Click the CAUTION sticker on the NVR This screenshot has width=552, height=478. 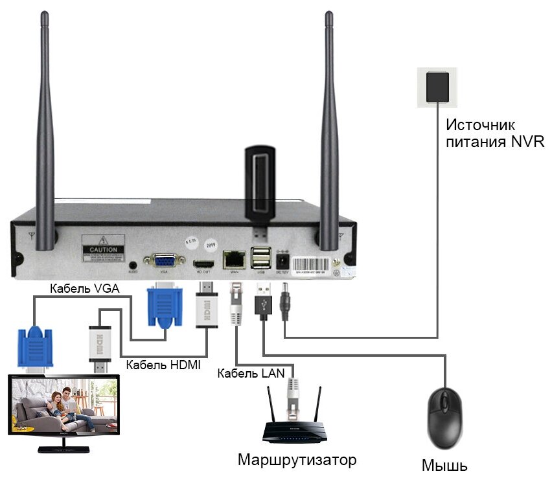click(x=103, y=250)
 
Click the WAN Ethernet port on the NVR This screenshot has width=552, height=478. click(x=233, y=259)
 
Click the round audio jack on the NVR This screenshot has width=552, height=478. click(x=133, y=265)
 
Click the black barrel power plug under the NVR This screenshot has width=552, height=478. click(x=284, y=303)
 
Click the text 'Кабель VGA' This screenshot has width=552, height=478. click(x=84, y=289)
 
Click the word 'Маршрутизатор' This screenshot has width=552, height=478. click(x=297, y=461)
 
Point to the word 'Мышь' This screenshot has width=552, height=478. click(x=444, y=465)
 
